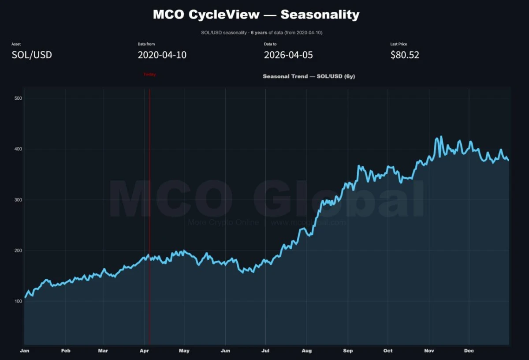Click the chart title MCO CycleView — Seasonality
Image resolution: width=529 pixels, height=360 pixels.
[x=256, y=15]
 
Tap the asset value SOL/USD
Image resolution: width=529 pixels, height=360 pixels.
[x=32, y=55]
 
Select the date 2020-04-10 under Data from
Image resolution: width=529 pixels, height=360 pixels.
[x=162, y=55]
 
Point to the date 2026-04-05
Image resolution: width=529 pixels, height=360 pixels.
[x=288, y=55]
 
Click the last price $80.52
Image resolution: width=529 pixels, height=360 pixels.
[x=405, y=55]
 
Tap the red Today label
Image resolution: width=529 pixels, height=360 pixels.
[x=149, y=75]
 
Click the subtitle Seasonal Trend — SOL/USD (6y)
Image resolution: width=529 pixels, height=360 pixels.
[x=309, y=76]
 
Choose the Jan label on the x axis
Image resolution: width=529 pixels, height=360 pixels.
[x=25, y=351]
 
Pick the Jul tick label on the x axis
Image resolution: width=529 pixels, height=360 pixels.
[x=265, y=351]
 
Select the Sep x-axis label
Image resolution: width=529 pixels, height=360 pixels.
[x=348, y=351]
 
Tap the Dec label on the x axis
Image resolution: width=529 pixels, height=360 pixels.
[x=469, y=351]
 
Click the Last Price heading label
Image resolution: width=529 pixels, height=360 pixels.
[x=399, y=44]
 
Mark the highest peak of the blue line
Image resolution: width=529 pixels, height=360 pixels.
[x=441, y=137]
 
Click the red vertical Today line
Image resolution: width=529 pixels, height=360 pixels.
[x=149, y=199]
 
